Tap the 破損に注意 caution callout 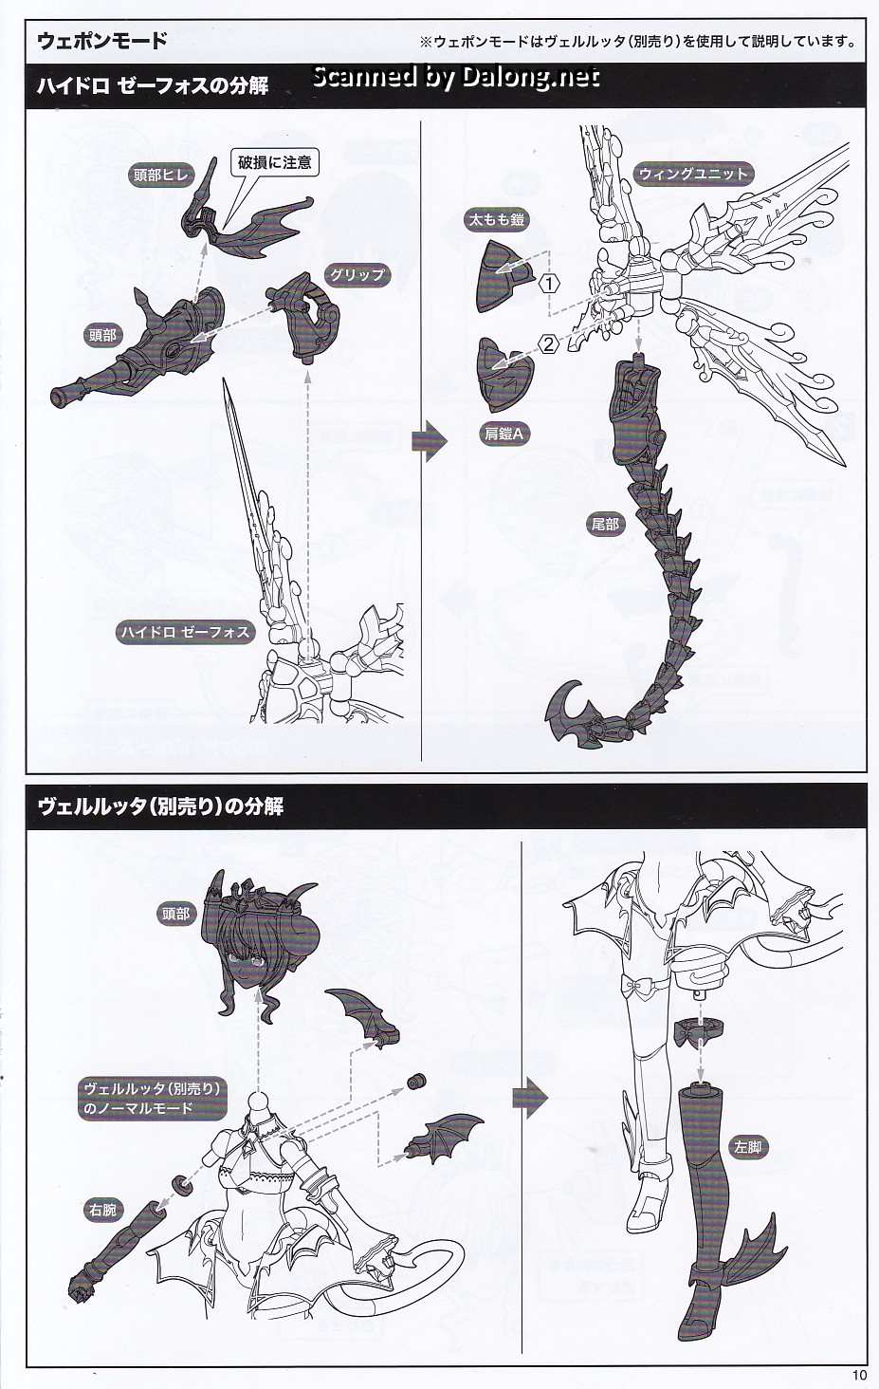pos(275,162)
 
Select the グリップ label pos(357,275)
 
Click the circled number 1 pos(549,283)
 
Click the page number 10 pos(858,1375)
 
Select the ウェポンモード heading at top pos(101,41)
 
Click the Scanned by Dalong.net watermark pos(456,78)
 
